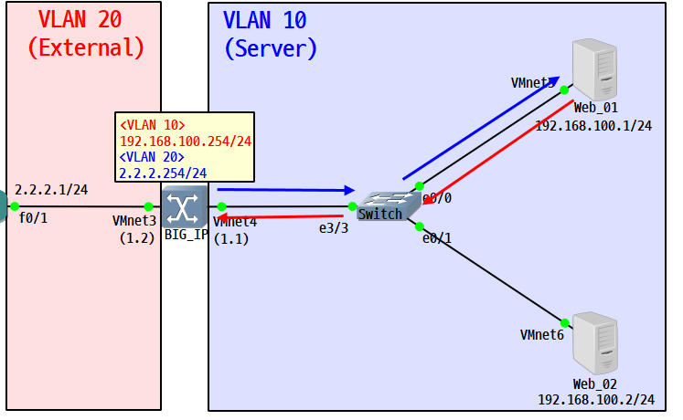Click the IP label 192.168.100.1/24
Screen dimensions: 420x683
[x=593, y=125]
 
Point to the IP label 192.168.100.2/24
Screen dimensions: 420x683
[x=596, y=399]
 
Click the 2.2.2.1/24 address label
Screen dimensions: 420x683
[x=50, y=189]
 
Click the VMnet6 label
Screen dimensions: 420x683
[x=542, y=335]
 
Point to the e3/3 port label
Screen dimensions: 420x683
[x=333, y=227]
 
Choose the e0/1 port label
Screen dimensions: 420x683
[x=437, y=238]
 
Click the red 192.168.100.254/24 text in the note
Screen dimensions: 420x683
[x=186, y=142]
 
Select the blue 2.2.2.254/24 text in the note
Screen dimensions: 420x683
[x=163, y=172]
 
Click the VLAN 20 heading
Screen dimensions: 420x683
[x=80, y=18]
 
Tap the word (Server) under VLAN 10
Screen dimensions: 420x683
[x=271, y=48]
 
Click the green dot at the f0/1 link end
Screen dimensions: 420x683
[x=14, y=206]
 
